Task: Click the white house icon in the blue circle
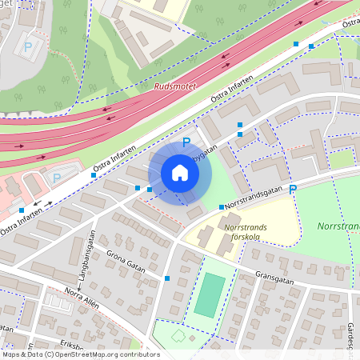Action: (179, 173)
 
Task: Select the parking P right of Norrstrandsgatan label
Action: (293, 189)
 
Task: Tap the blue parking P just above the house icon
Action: (186, 142)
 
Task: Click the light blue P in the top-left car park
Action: (28, 47)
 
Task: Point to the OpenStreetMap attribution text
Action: (81, 354)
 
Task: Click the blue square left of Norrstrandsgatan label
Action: (222, 207)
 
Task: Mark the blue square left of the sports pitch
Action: (167, 278)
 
